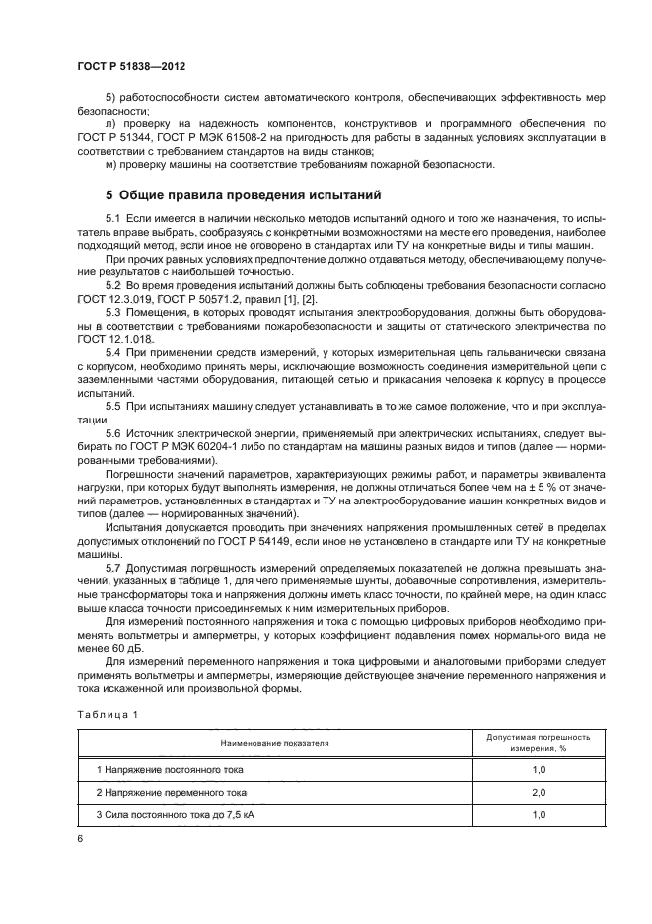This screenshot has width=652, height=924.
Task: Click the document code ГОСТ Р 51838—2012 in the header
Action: coord(131,64)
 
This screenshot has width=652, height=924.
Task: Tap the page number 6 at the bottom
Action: coord(79,837)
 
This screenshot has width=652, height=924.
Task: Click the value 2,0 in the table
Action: coord(539,792)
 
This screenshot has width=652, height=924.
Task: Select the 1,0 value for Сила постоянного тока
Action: coord(539,815)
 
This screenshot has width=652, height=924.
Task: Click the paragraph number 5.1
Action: coord(113,216)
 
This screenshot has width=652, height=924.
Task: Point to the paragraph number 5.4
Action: coord(113,351)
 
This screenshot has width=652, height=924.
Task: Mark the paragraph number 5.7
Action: coord(113,570)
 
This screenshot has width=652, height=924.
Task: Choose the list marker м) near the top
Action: coord(109,164)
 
